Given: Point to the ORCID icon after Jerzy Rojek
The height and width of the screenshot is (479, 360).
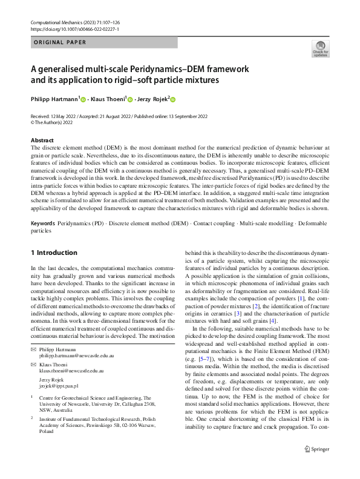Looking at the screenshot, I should coord(173,99).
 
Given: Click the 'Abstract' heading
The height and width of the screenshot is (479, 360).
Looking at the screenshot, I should coord(42,140).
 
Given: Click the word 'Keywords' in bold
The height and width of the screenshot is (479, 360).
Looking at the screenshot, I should coord(42,223).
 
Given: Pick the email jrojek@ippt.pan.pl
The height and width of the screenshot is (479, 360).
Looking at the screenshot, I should coord(59,385).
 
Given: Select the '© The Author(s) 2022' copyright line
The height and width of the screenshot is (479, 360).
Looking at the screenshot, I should coord(55,121).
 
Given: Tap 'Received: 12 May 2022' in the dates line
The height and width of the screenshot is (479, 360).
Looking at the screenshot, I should coord(56,115).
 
